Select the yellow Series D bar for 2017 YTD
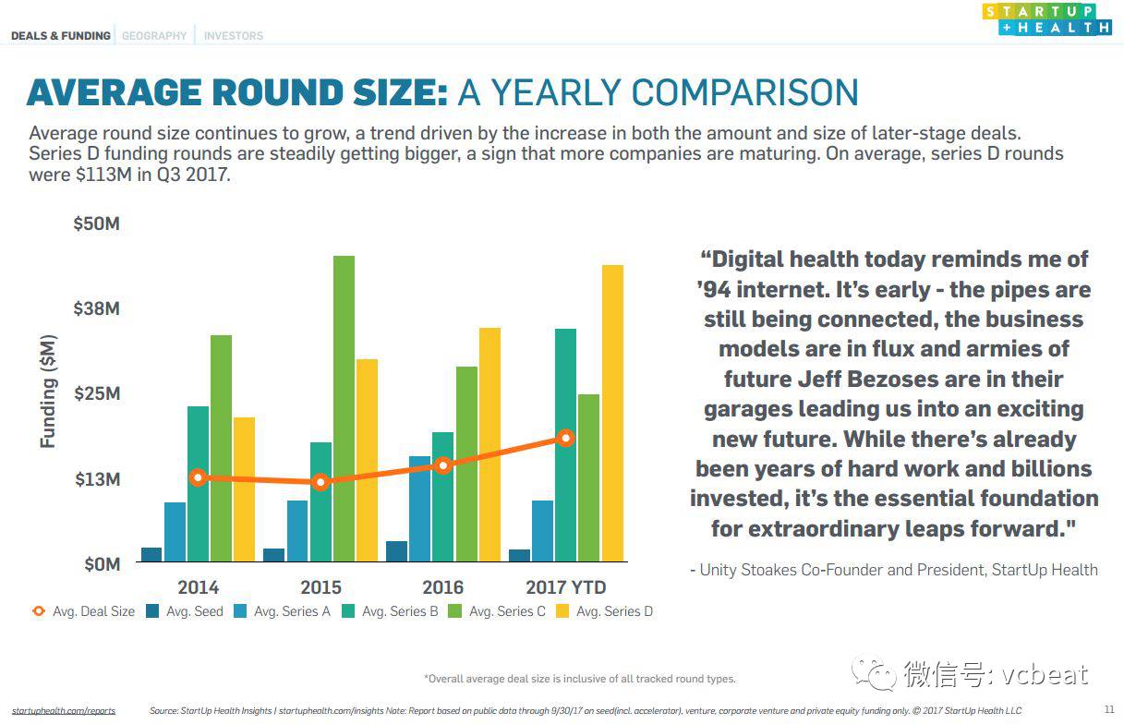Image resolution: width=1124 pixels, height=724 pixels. (612, 413)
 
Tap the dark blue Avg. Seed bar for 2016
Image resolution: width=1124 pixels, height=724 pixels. (396, 551)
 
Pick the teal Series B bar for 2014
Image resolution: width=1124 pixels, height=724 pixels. (199, 483)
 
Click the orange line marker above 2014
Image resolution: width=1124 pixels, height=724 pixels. (197, 477)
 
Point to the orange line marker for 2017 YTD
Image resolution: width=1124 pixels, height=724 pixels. (565, 438)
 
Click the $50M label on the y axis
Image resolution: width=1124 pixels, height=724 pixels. (97, 224)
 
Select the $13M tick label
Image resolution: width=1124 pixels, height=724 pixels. (97, 479)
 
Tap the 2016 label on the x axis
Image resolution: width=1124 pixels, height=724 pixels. (443, 587)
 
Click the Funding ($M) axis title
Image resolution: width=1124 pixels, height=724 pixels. (49, 392)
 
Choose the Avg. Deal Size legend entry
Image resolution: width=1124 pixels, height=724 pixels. (84, 611)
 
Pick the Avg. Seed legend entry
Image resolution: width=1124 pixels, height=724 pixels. (185, 611)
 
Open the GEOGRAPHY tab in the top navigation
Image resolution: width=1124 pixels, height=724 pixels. (154, 36)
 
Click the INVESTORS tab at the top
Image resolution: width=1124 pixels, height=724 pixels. (234, 36)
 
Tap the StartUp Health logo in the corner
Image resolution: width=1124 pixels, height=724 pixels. (1047, 19)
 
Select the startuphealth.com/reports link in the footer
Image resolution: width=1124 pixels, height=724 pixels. (64, 710)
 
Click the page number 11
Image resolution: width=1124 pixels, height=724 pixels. (1109, 709)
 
